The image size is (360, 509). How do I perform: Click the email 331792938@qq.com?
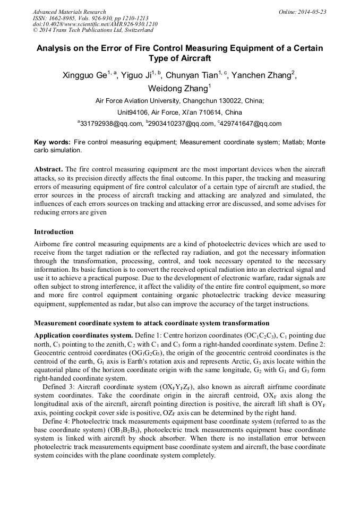112,124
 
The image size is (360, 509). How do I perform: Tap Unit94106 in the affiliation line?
135,113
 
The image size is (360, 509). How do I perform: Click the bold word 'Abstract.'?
49,169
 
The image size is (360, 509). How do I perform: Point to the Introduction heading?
54,232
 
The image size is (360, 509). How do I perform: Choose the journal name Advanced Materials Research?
70,12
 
